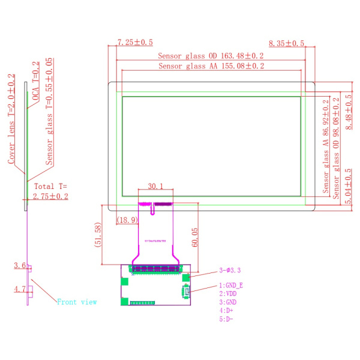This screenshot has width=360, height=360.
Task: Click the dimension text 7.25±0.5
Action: [135, 43]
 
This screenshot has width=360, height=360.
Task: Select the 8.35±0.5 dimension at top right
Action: [287, 44]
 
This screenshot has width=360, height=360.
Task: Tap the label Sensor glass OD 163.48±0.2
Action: [211, 56]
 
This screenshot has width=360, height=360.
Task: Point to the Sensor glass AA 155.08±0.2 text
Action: [211, 66]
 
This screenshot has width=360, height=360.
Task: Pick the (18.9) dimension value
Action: [127, 220]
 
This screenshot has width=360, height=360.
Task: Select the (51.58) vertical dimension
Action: [98, 236]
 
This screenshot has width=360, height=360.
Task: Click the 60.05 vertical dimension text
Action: [194, 237]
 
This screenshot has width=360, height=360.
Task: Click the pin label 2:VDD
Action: [228, 293]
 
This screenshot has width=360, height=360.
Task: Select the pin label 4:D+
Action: [226, 311]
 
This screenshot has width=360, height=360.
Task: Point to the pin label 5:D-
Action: [226, 319]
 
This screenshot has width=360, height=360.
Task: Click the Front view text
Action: [77, 302]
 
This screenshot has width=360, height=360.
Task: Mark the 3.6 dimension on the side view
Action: [19, 265]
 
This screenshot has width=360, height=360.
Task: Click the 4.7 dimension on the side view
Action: [19, 289]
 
